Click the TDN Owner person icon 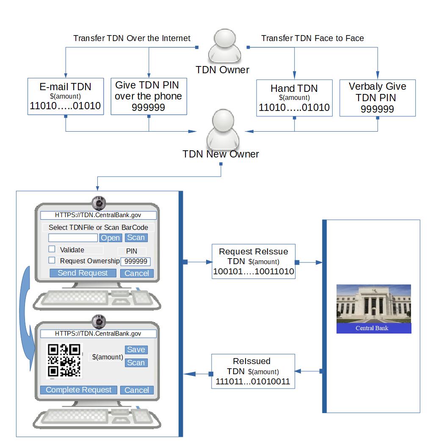[x=223, y=45]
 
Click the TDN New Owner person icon [x=223, y=129]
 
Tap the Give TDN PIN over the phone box [x=149, y=97]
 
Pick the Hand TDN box [x=294, y=97]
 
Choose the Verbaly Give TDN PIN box [x=378, y=98]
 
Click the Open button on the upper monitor [x=110, y=238]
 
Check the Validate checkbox [x=52, y=249]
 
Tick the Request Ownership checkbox [x=52, y=260]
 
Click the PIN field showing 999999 [x=136, y=262]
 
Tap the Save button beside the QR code [x=136, y=350]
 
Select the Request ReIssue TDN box [x=253, y=262]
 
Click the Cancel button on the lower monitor [x=137, y=390]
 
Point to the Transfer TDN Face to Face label [x=312, y=39]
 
